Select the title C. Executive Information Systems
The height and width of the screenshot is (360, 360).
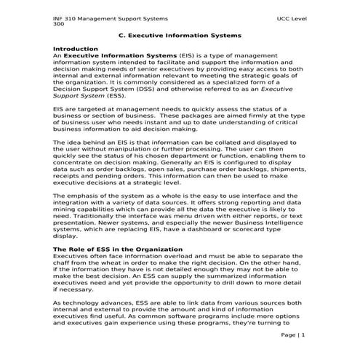(180, 35)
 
